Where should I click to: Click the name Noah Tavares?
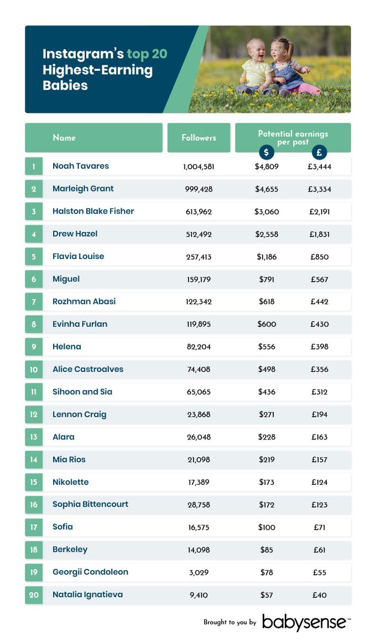tap(81, 166)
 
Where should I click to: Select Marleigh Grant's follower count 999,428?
tap(199, 189)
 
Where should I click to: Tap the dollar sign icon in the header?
tap(266, 152)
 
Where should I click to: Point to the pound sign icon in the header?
tap(319, 152)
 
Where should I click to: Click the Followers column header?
tap(199, 138)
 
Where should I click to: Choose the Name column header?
tap(64, 138)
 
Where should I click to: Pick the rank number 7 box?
tap(34, 302)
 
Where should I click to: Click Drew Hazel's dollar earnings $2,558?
tap(267, 234)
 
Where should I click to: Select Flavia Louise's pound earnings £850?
tap(319, 257)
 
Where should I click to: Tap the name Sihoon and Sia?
tap(82, 392)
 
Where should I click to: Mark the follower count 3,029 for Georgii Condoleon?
tap(199, 572)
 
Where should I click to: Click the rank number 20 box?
tap(34, 595)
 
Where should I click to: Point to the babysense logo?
tap(305, 622)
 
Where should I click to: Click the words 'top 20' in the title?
tap(147, 54)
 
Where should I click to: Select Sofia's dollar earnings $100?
tap(267, 527)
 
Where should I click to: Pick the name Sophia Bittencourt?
tap(90, 504)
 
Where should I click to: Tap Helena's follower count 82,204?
tap(199, 347)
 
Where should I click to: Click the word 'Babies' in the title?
tap(65, 85)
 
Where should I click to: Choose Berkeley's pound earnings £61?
tap(319, 550)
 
